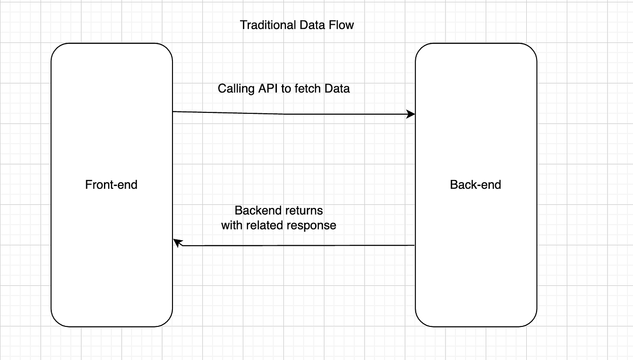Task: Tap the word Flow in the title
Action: (342, 25)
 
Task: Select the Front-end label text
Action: (111, 185)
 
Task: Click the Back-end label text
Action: (475, 185)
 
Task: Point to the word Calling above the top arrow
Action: (236, 89)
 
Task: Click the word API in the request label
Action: (269, 89)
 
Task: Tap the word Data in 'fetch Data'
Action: (337, 89)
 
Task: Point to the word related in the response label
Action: (265, 225)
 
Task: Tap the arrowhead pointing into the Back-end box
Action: (411, 114)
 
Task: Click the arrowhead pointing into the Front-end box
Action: (178, 242)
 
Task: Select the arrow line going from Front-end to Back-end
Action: (289, 114)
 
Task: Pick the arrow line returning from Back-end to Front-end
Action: (298, 245)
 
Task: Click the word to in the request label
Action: (286, 89)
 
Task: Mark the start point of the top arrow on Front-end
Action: (173, 111)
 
